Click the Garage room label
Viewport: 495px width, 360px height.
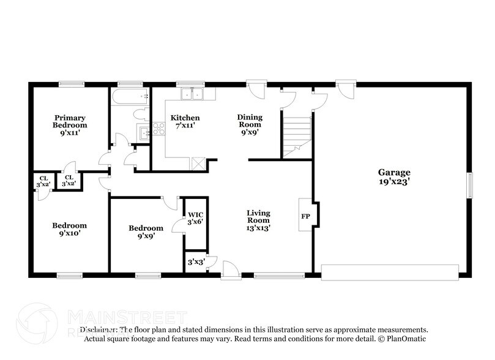(393, 177)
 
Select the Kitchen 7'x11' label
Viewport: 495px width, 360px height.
(185, 122)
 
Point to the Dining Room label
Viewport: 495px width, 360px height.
(250, 121)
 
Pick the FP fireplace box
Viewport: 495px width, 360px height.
(305, 216)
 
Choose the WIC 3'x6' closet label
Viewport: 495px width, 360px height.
(195, 217)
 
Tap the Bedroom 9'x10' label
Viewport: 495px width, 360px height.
(69, 229)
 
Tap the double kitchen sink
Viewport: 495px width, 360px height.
(193, 94)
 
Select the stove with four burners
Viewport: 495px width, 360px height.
(158, 129)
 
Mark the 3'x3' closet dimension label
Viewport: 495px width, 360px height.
(196, 262)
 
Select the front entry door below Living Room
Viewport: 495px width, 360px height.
(231, 269)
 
